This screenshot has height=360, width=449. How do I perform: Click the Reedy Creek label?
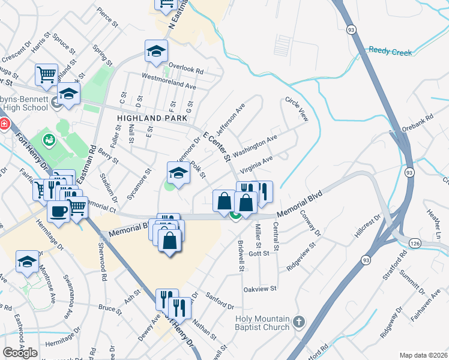(x=390, y=52)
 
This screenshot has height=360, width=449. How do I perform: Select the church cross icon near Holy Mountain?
(x=299, y=323)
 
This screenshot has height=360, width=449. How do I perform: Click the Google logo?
(x=20, y=353)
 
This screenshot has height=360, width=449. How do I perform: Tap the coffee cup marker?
(x=59, y=211)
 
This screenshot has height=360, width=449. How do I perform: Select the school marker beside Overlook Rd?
(x=156, y=50)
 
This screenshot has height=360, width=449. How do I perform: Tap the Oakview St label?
(x=259, y=289)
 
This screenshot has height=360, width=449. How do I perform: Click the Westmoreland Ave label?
(x=169, y=81)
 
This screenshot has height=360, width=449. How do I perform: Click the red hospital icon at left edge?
(x=3, y=124)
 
